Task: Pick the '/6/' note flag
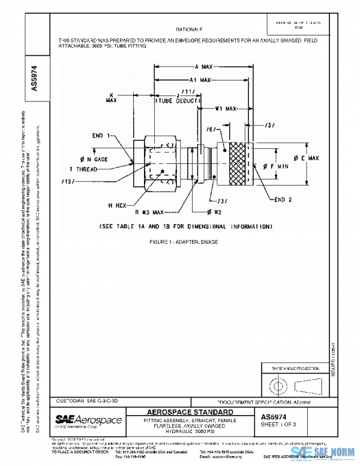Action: click(x=227, y=129)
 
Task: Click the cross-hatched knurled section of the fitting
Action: click(x=247, y=162)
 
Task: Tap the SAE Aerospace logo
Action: click(x=88, y=419)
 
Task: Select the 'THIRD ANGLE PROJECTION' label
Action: click(x=287, y=368)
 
